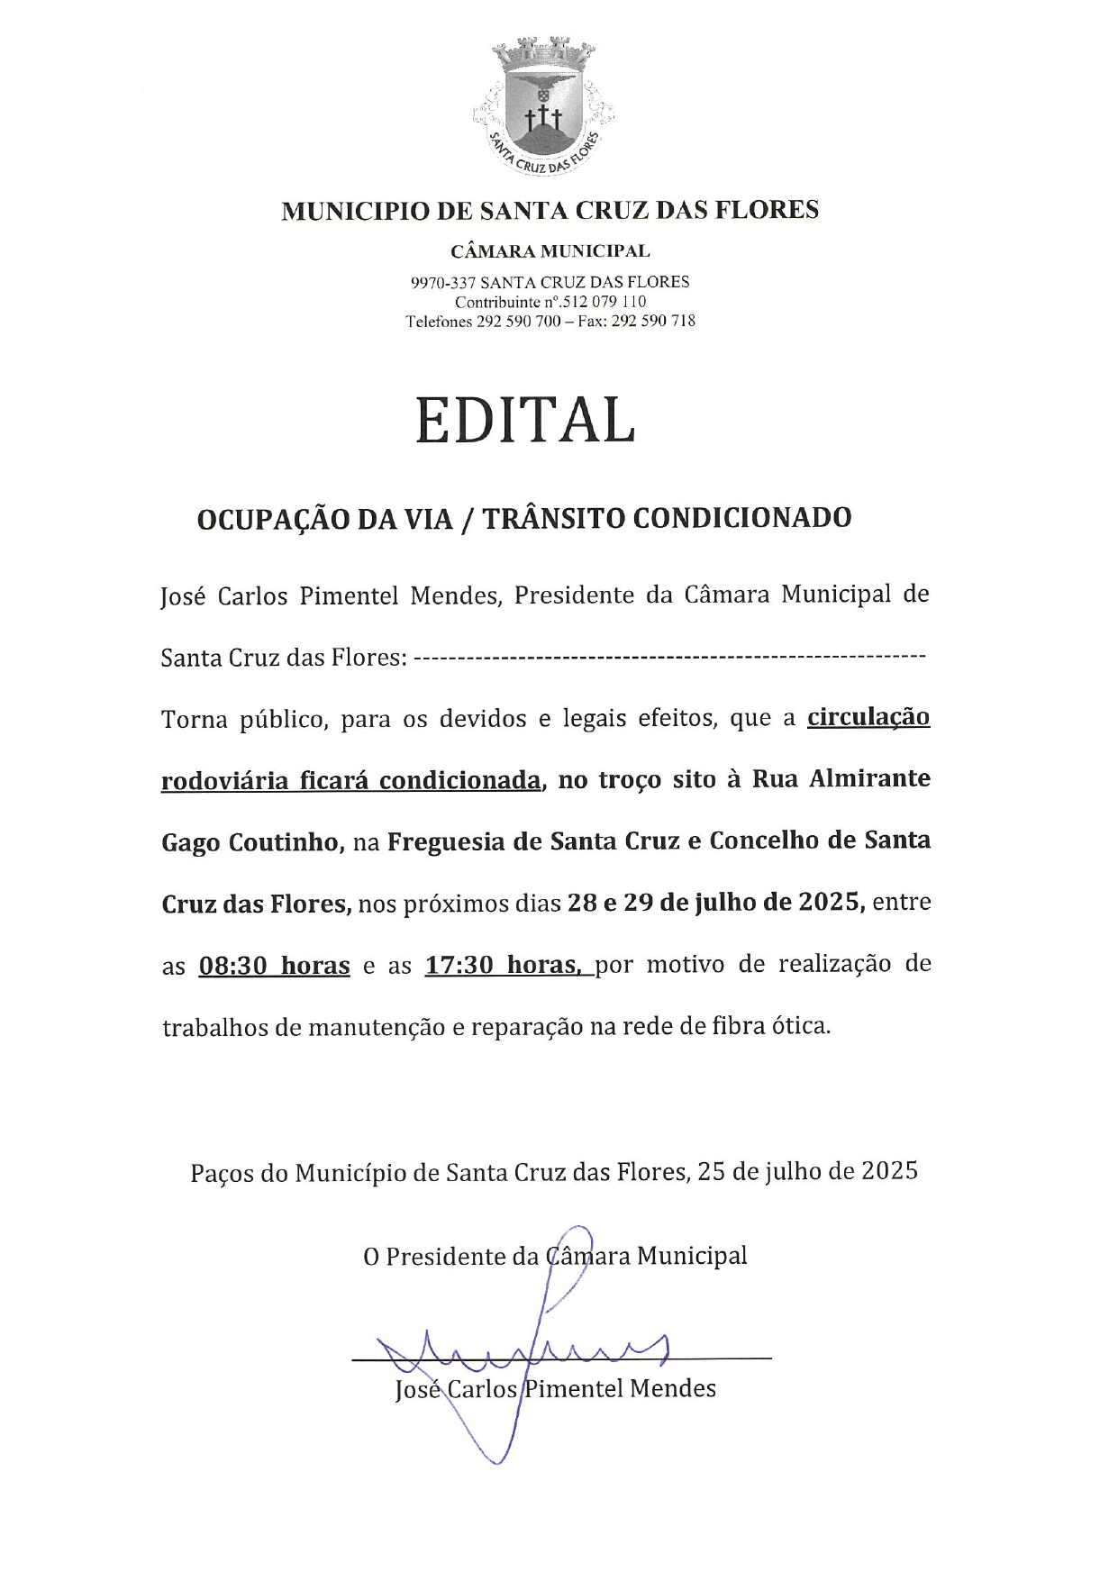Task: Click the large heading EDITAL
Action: point(525,420)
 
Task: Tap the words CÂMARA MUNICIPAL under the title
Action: point(550,251)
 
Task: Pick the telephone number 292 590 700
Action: point(518,321)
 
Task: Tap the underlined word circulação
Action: point(868,718)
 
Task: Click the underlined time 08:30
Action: point(233,967)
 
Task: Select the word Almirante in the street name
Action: point(869,778)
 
